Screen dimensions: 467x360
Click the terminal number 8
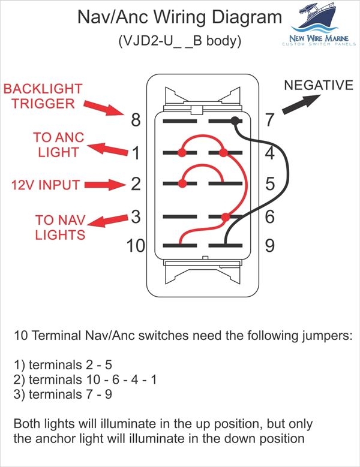point(136,120)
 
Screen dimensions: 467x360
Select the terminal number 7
point(269,120)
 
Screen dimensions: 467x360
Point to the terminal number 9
point(269,245)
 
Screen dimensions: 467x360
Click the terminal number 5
point(269,183)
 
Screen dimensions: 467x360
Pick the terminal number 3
point(136,216)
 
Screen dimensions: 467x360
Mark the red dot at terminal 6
point(225,216)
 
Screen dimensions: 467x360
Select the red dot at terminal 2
point(181,183)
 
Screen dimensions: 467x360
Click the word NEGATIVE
point(318,85)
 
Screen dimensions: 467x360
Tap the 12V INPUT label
point(45,185)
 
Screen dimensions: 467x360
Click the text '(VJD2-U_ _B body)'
point(180,41)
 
